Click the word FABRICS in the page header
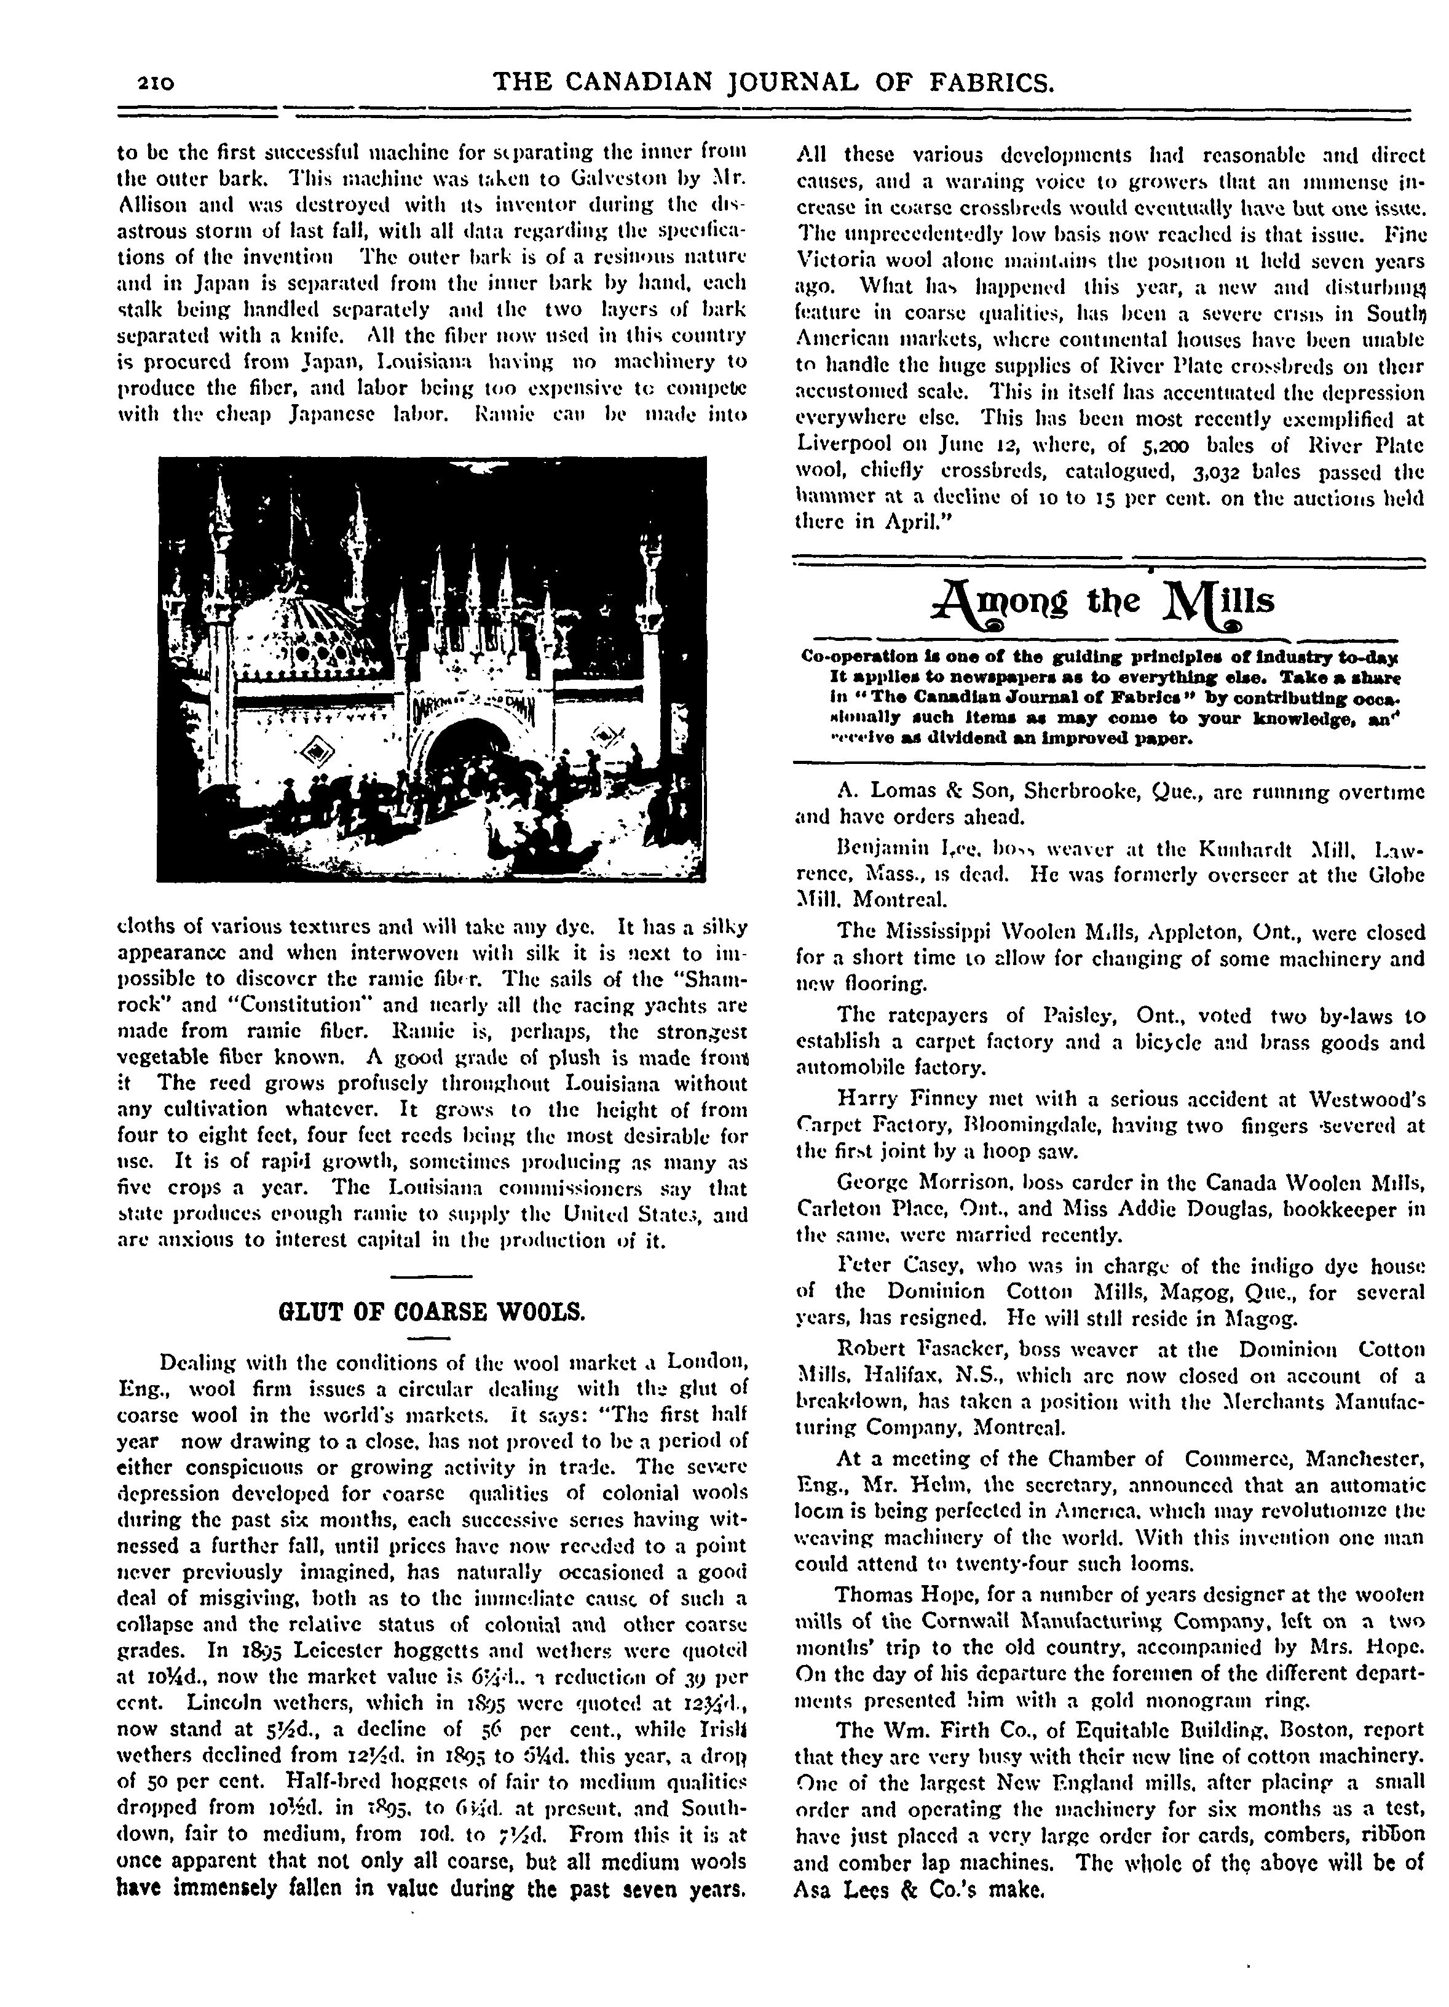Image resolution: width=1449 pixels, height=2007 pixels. pos(981,82)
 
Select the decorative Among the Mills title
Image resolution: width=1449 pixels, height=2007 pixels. pos(1110,605)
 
